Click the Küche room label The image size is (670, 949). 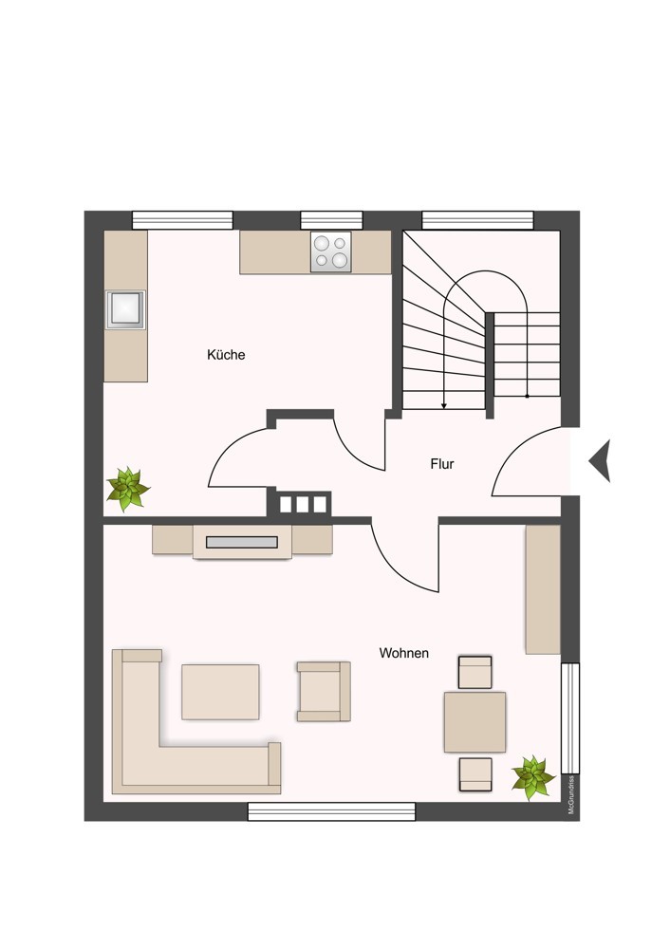click(x=226, y=355)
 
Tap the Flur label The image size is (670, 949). click(x=442, y=464)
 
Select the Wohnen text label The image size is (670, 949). click(x=403, y=653)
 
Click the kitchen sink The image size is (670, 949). click(x=125, y=309)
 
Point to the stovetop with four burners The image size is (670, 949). click(x=330, y=251)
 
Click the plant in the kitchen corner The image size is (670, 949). click(x=127, y=488)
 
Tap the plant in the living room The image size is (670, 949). click(x=532, y=777)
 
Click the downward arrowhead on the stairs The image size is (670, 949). click(x=444, y=405)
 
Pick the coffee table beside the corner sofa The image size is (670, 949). click(x=220, y=692)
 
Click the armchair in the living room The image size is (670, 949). click(x=324, y=691)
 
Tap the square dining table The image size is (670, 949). click(x=475, y=722)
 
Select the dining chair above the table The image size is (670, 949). click(x=475, y=672)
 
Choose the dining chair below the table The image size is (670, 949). click(x=475, y=773)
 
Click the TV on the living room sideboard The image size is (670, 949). click(x=242, y=543)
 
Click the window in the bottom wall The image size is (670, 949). click(x=331, y=811)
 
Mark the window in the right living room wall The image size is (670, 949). click(x=570, y=717)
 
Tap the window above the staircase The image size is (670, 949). click(x=477, y=220)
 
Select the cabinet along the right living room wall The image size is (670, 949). click(x=543, y=589)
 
